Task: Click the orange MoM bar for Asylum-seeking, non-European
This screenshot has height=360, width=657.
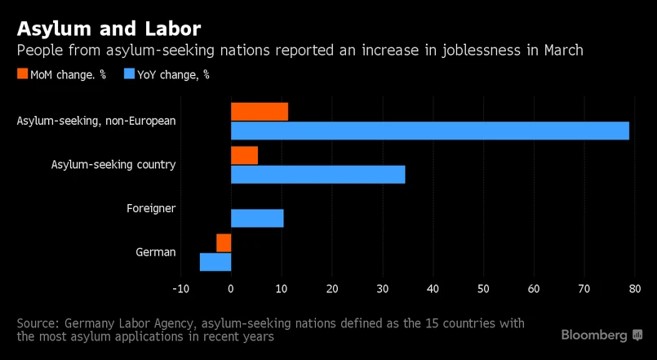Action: click(260, 112)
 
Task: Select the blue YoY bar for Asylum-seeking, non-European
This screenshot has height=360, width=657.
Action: click(430, 131)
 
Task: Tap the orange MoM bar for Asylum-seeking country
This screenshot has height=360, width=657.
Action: click(244, 155)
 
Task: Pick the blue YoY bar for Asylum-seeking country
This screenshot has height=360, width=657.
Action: click(318, 174)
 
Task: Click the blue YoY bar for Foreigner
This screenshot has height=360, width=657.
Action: click(257, 218)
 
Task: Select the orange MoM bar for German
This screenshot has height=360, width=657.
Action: click(224, 242)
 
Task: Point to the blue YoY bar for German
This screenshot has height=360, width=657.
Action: click(215, 261)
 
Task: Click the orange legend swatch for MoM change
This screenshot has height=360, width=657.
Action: click(22, 74)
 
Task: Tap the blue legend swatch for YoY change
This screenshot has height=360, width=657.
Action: click(129, 74)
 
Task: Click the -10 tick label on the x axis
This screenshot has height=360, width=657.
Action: click(180, 288)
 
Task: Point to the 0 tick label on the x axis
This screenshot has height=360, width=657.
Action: click(231, 288)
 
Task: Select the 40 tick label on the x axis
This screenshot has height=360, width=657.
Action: click(433, 288)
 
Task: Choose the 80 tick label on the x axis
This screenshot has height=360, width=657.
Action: click(635, 288)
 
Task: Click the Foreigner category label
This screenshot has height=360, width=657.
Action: click(151, 208)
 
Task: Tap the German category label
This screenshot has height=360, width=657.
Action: click(156, 251)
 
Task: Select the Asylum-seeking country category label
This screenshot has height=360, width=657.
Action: click(113, 164)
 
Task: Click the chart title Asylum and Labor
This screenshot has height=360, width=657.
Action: click(109, 29)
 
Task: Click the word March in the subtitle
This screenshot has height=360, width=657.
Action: click(562, 51)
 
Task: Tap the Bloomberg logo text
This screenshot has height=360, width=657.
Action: click(594, 336)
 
